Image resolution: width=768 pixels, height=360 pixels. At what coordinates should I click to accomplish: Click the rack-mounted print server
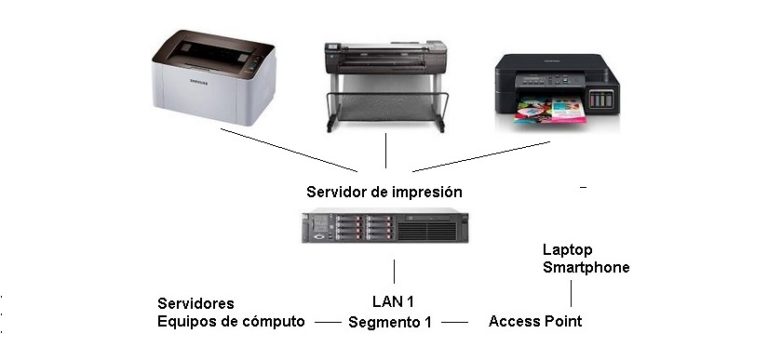tap(386, 229)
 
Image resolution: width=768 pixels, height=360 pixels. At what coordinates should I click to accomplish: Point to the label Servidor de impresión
tap(385, 190)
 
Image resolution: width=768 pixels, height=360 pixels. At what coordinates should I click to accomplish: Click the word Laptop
tap(566, 250)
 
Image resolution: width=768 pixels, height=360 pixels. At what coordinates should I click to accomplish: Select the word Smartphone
tap(586, 268)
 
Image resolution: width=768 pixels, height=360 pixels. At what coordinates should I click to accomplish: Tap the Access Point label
tap(535, 321)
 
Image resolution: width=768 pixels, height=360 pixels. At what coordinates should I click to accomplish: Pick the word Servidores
tap(197, 303)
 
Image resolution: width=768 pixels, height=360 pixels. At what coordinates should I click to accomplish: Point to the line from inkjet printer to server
tap(480, 156)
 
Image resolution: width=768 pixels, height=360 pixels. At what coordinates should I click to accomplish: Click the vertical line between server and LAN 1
tap(394, 271)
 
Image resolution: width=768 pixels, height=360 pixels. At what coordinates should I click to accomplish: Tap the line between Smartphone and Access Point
tap(570, 292)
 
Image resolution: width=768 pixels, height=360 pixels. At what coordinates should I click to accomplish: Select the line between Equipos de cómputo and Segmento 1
tap(326, 322)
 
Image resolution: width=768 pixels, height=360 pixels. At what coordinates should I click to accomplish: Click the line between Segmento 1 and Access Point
tap(455, 322)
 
